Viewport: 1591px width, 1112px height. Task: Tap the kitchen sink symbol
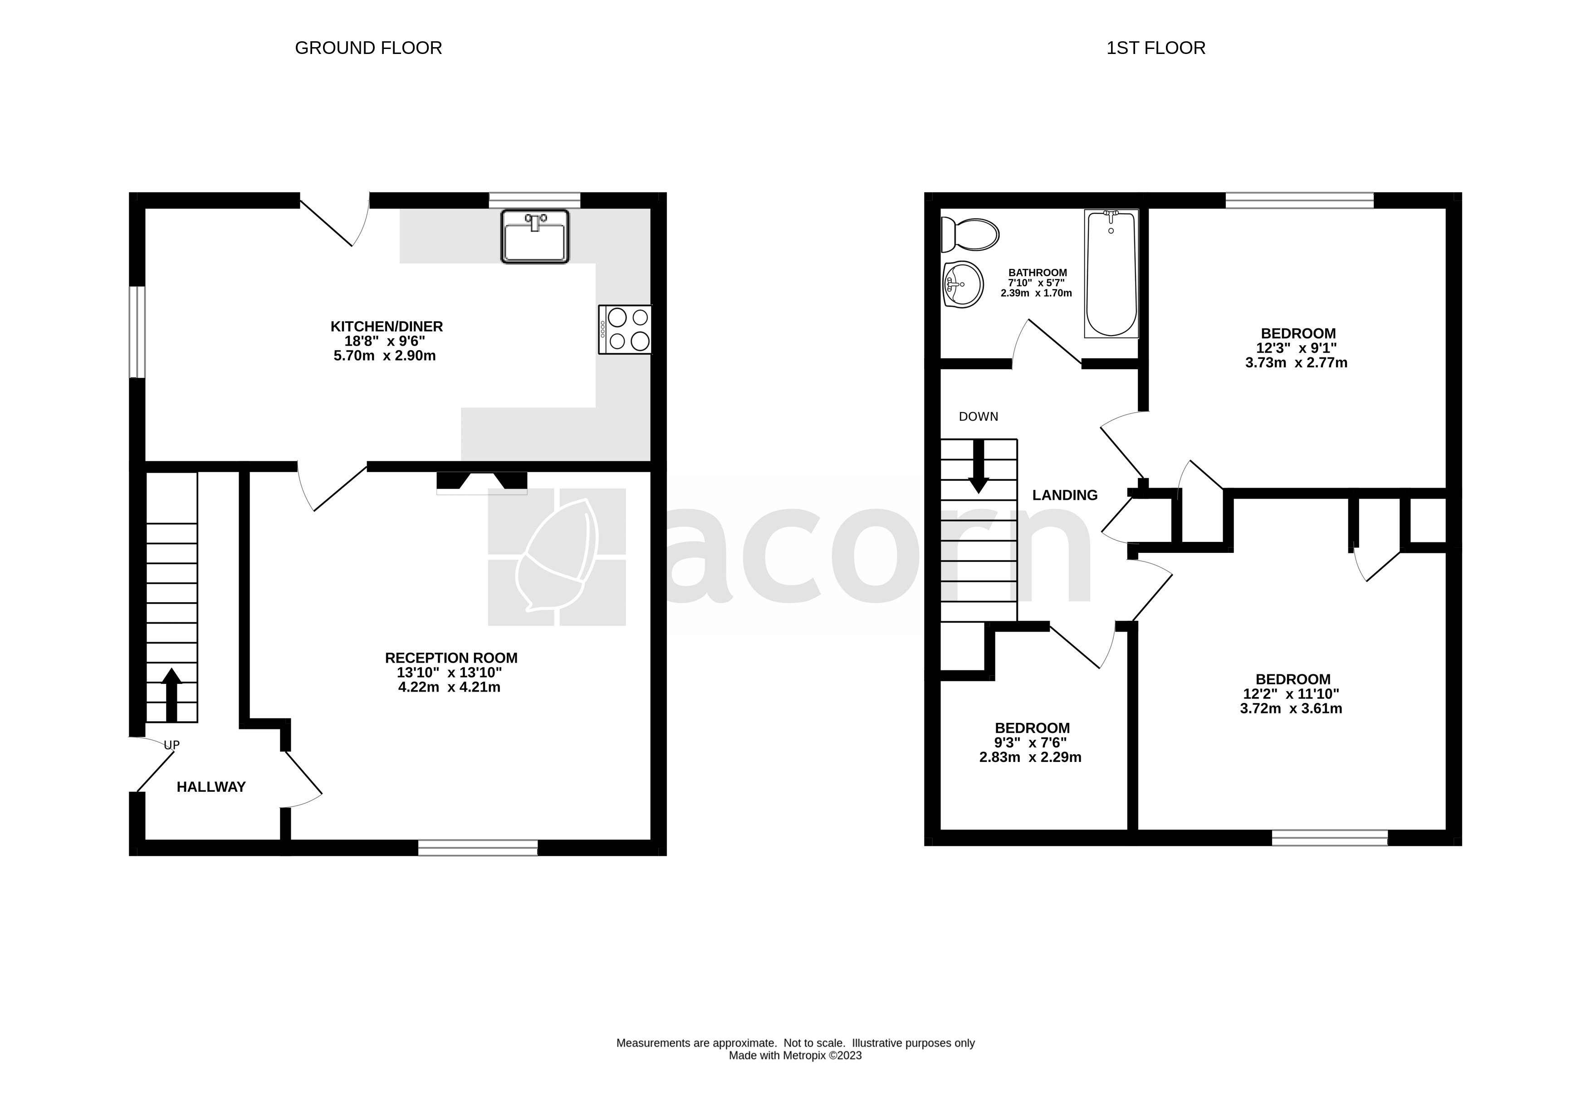click(534, 237)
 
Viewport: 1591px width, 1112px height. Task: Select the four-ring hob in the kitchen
click(625, 330)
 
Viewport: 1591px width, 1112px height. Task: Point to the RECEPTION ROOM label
click(451, 658)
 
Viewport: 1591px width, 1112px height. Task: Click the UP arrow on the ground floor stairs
click(171, 694)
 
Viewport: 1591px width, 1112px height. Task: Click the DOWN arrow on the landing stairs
click(979, 467)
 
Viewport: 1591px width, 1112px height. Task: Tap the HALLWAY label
click(211, 787)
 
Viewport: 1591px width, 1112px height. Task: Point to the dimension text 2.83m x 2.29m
click(1030, 757)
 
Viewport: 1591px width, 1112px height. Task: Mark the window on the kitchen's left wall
click(137, 332)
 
